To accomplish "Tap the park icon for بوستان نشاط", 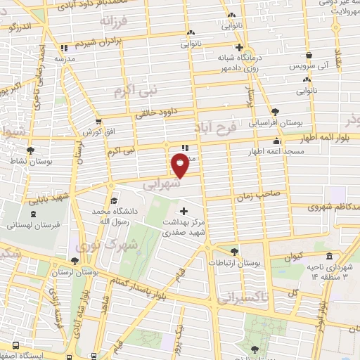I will point(30,150).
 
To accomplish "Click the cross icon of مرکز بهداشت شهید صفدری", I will point(185,212).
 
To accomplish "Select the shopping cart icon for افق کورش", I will point(98,122).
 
